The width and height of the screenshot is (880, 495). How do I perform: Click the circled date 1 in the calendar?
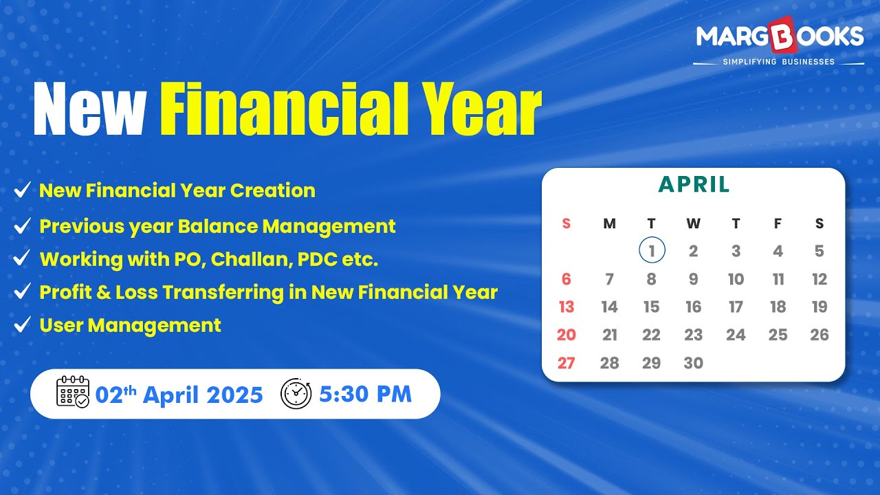point(652,250)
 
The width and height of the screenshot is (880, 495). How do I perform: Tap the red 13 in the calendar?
point(566,307)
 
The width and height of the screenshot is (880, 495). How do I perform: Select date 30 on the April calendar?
point(694,363)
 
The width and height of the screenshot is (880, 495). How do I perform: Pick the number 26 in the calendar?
point(819,335)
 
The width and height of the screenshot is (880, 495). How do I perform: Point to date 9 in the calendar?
point(694,279)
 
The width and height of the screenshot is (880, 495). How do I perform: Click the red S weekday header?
point(566,223)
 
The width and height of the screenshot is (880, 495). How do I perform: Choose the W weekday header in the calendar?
point(694,223)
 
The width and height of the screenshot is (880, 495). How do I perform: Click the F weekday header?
point(778,223)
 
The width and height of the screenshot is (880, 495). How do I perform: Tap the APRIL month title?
point(694,185)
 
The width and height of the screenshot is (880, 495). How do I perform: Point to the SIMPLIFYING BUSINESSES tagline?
point(779,62)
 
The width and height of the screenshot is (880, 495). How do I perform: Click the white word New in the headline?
point(89,109)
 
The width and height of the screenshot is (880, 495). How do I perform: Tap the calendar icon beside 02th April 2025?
point(73,392)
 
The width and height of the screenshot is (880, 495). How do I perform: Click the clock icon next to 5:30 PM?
point(296,393)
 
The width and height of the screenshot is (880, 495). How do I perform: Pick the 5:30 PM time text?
point(365,394)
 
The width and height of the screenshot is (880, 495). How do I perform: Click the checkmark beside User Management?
point(22,324)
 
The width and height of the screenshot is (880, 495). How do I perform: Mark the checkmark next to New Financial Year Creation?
point(22,190)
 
